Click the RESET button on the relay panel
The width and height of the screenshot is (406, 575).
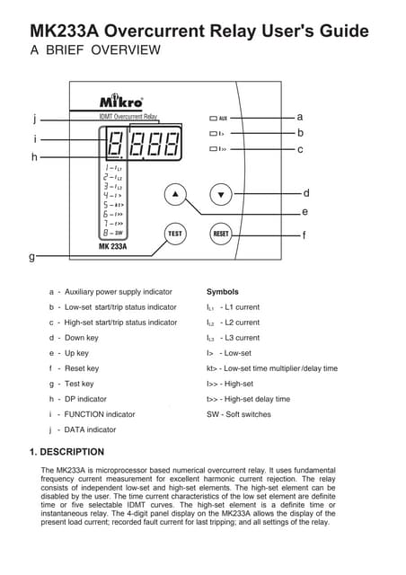[220, 234]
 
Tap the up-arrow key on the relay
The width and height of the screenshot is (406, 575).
[176, 194]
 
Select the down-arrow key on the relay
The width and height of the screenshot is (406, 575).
[220, 194]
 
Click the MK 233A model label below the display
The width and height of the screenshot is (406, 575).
[112, 246]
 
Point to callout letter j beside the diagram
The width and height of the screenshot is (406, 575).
[33, 118]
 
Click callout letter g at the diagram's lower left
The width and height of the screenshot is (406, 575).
[32, 256]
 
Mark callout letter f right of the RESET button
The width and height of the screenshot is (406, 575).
[304, 235]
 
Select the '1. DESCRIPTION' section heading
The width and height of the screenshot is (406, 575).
[66, 452]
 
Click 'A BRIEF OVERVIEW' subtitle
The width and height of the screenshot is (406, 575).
[96, 50]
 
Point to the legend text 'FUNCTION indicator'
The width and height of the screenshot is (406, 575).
[100, 414]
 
